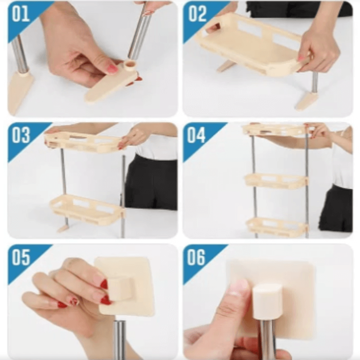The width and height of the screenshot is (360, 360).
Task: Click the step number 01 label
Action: (21, 14)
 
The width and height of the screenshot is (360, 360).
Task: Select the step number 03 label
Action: (21, 135)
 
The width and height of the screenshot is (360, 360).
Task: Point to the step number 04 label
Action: (196, 135)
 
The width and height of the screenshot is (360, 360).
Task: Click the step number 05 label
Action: (21, 257)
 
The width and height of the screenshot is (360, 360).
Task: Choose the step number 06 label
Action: (196, 257)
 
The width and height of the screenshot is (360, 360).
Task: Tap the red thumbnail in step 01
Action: (112, 69)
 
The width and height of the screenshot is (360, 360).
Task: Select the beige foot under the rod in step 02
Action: (305, 102)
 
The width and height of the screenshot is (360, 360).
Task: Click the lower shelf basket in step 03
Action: (87, 209)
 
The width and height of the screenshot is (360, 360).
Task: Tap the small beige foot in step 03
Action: (63, 228)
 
